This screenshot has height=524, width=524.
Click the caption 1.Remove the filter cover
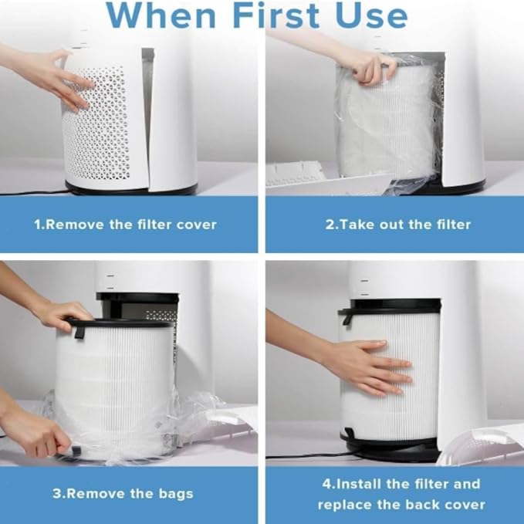coord(125,225)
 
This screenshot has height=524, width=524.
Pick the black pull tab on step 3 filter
coord(79,330)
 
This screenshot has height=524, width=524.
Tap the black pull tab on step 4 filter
coord(347,317)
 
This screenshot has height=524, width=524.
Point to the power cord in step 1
coord(31,192)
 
